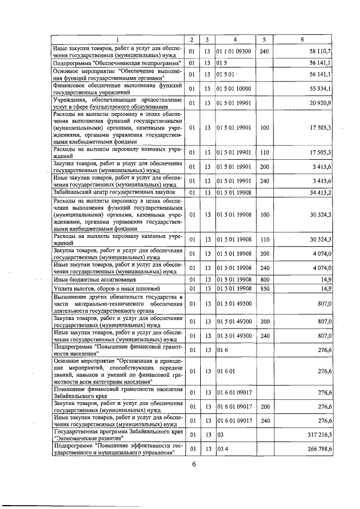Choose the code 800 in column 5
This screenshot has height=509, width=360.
point(264,280)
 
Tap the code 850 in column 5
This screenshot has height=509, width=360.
point(264,289)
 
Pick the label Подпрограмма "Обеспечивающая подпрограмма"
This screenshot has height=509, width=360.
point(109,63)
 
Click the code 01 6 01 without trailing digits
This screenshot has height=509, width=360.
point(224,371)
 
